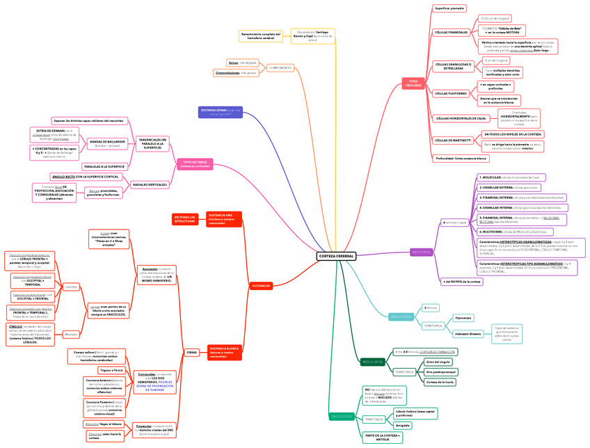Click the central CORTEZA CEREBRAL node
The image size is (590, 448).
(x=336, y=256)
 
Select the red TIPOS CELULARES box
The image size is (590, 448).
(x=413, y=83)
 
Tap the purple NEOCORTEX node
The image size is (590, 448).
(x=422, y=252)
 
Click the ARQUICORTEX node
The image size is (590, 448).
(x=401, y=317)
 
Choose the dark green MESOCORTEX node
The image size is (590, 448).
(x=372, y=362)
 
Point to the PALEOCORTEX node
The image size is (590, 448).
(x=342, y=417)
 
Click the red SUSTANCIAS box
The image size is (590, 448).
(x=261, y=286)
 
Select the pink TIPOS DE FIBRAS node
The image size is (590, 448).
(x=195, y=164)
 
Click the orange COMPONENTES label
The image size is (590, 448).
(x=280, y=67)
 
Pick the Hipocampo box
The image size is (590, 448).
(x=463, y=318)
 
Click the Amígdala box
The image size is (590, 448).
(x=403, y=425)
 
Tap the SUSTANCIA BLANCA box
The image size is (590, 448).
(x=224, y=352)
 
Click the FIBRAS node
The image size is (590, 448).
(x=191, y=353)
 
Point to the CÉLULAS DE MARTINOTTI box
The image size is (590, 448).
(x=453, y=140)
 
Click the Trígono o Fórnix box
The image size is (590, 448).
(x=111, y=370)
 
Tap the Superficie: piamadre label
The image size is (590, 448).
(x=449, y=8)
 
